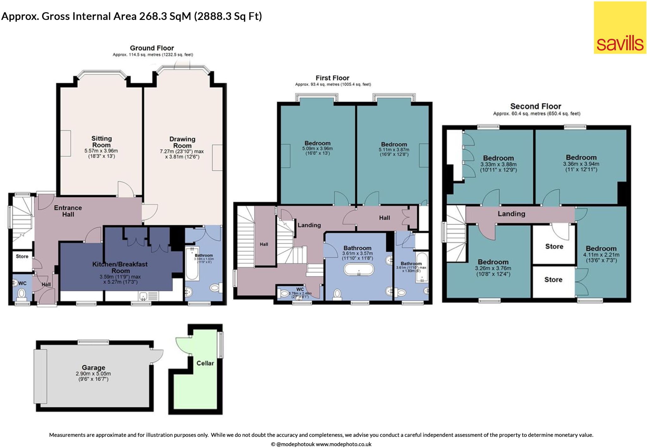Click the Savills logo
tap(620, 28)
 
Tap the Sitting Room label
tap(101, 142)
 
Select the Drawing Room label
tap(182, 142)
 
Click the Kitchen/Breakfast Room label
tap(120, 267)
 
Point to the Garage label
tap(93, 367)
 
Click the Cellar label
tap(205, 363)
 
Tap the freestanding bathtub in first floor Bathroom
tap(359, 270)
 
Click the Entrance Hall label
tap(68, 211)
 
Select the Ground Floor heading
tap(152, 48)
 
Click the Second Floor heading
tap(535, 106)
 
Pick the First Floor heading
tap(332, 78)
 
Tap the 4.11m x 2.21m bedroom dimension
tap(601, 255)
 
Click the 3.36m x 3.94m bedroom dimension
tap(581, 164)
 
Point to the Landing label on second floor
tap(511, 214)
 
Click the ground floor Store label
tap(22, 256)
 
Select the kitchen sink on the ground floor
tap(143, 296)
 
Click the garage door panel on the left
tap(40, 376)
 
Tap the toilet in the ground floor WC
tap(21, 294)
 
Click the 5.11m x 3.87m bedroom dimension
tap(394, 150)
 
